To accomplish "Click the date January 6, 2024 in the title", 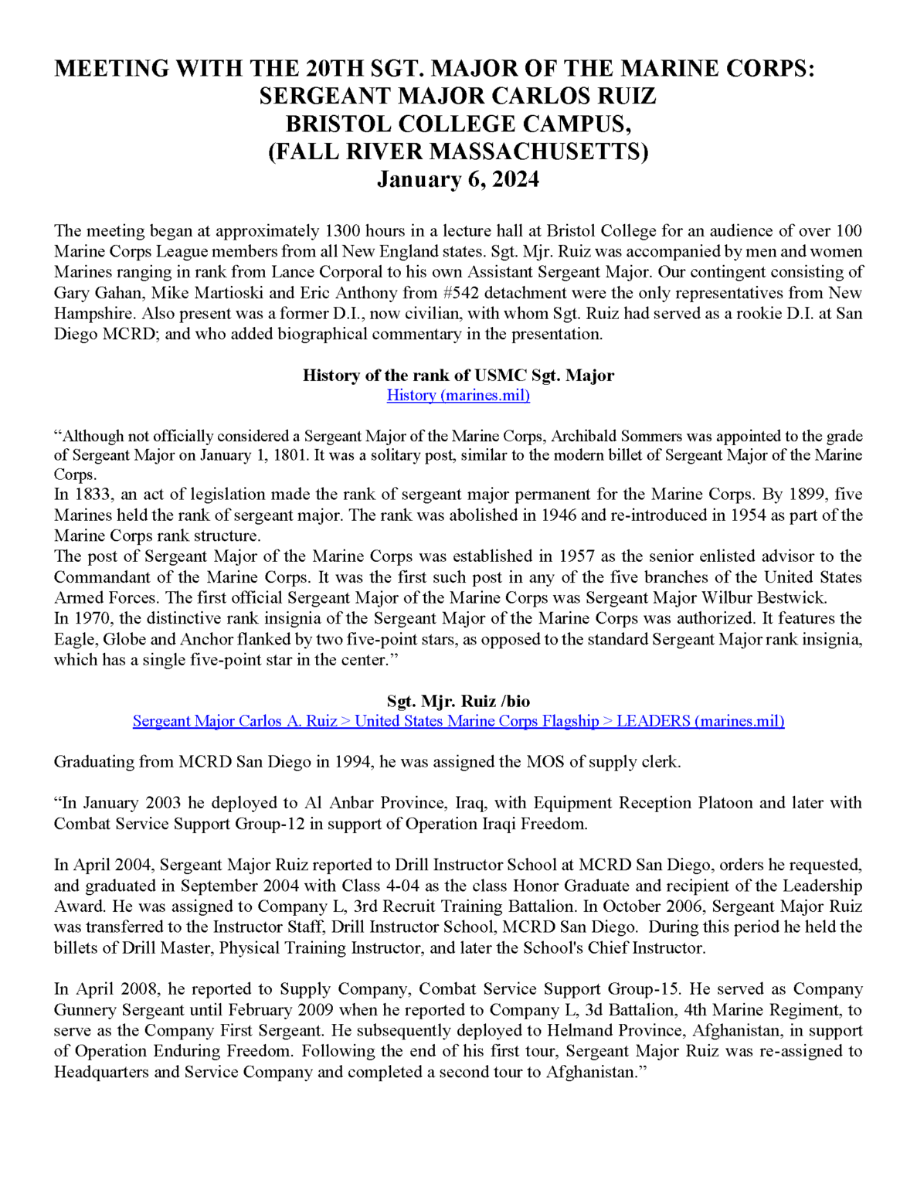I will [457, 179].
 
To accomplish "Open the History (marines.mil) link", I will [458, 396].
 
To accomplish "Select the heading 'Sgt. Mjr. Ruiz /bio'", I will [458, 701].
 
